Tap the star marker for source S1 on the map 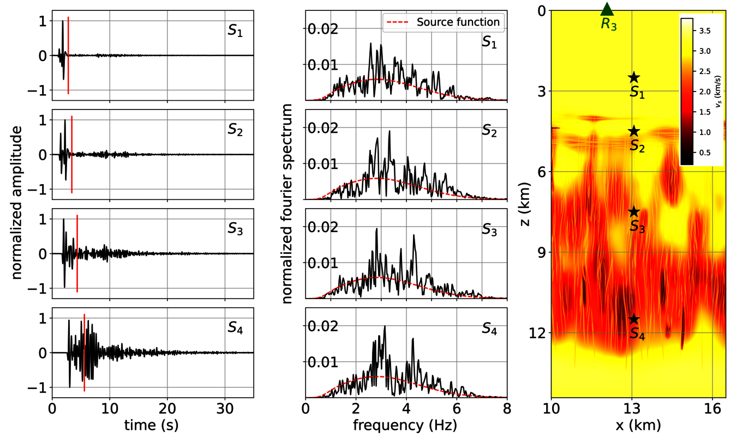point(633,78)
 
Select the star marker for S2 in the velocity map point(633,131)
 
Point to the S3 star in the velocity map point(633,211)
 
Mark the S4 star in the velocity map point(633,319)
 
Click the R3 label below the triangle point(609,25)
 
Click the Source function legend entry point(458,22)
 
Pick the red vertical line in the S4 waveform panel point(84,352)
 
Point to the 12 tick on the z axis point(536,333)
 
